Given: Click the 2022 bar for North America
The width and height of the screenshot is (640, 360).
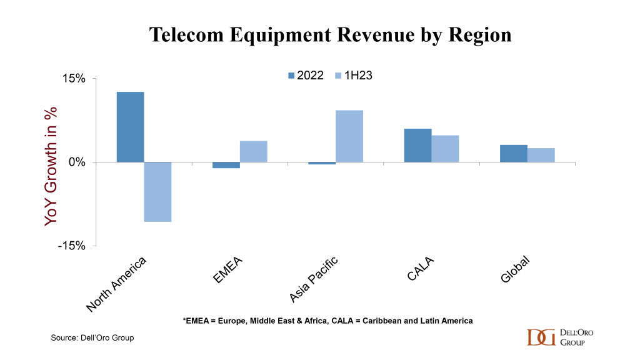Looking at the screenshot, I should tap(130, 127).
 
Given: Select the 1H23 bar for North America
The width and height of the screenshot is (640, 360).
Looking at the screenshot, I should tap(157, 192).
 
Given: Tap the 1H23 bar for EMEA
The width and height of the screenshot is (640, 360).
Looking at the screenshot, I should tap(253, 151).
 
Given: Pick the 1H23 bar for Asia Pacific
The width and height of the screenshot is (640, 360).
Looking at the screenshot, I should tap(349, 136).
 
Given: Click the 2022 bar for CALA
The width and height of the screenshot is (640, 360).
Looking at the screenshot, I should tap(417, 145).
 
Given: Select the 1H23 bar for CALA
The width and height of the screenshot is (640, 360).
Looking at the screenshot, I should tap(445, 149).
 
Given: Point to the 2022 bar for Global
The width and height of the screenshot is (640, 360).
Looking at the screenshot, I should tap(513, 153).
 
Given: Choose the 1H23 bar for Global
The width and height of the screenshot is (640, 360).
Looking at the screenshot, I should tap(541, 155).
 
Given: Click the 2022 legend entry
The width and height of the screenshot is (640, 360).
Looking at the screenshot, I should tap(306, 76).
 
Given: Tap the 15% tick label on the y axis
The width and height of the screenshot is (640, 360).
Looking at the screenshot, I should tap(73, 79).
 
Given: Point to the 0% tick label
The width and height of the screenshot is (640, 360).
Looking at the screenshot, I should tap(77, 162).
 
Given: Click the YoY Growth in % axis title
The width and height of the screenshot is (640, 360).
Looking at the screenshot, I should tap(51, 166).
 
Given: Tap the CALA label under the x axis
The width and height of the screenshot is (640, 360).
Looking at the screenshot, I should tap(421, 268).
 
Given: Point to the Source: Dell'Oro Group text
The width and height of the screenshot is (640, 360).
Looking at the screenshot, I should tap(92, 338).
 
